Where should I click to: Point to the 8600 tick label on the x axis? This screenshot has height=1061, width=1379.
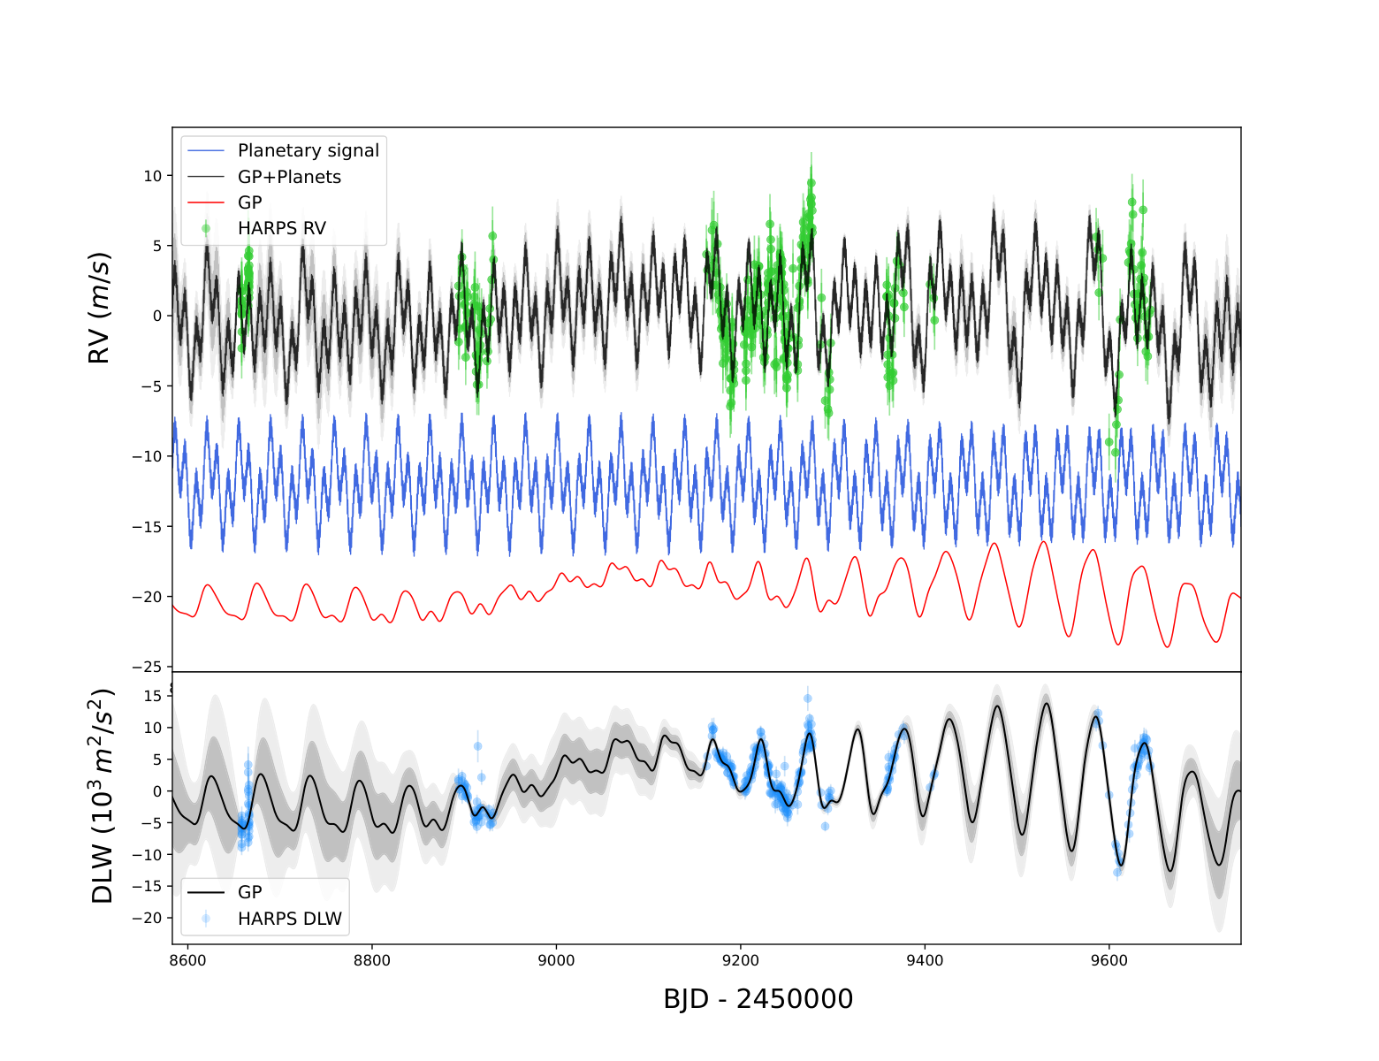coord(187,960)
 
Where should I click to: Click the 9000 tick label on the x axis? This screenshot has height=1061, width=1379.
coord(556,960)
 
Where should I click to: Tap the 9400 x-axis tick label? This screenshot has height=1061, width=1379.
coord(925,960)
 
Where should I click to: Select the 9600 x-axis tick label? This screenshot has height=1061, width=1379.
coord(1109,960)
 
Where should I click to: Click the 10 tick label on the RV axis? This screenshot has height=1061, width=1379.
coord(153,176)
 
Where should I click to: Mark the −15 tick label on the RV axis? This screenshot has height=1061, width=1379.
coord(148,527)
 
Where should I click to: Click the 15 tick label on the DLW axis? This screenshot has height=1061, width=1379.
coord(153,696)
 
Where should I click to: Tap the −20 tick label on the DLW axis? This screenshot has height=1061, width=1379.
coord(148,919)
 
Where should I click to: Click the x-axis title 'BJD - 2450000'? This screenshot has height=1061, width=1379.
coord(758,999)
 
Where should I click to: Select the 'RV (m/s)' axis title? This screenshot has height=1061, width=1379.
coord(100,308)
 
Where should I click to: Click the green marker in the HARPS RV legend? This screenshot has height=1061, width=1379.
coord(206,228)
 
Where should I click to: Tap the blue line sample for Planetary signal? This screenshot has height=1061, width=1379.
coord(206,151)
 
